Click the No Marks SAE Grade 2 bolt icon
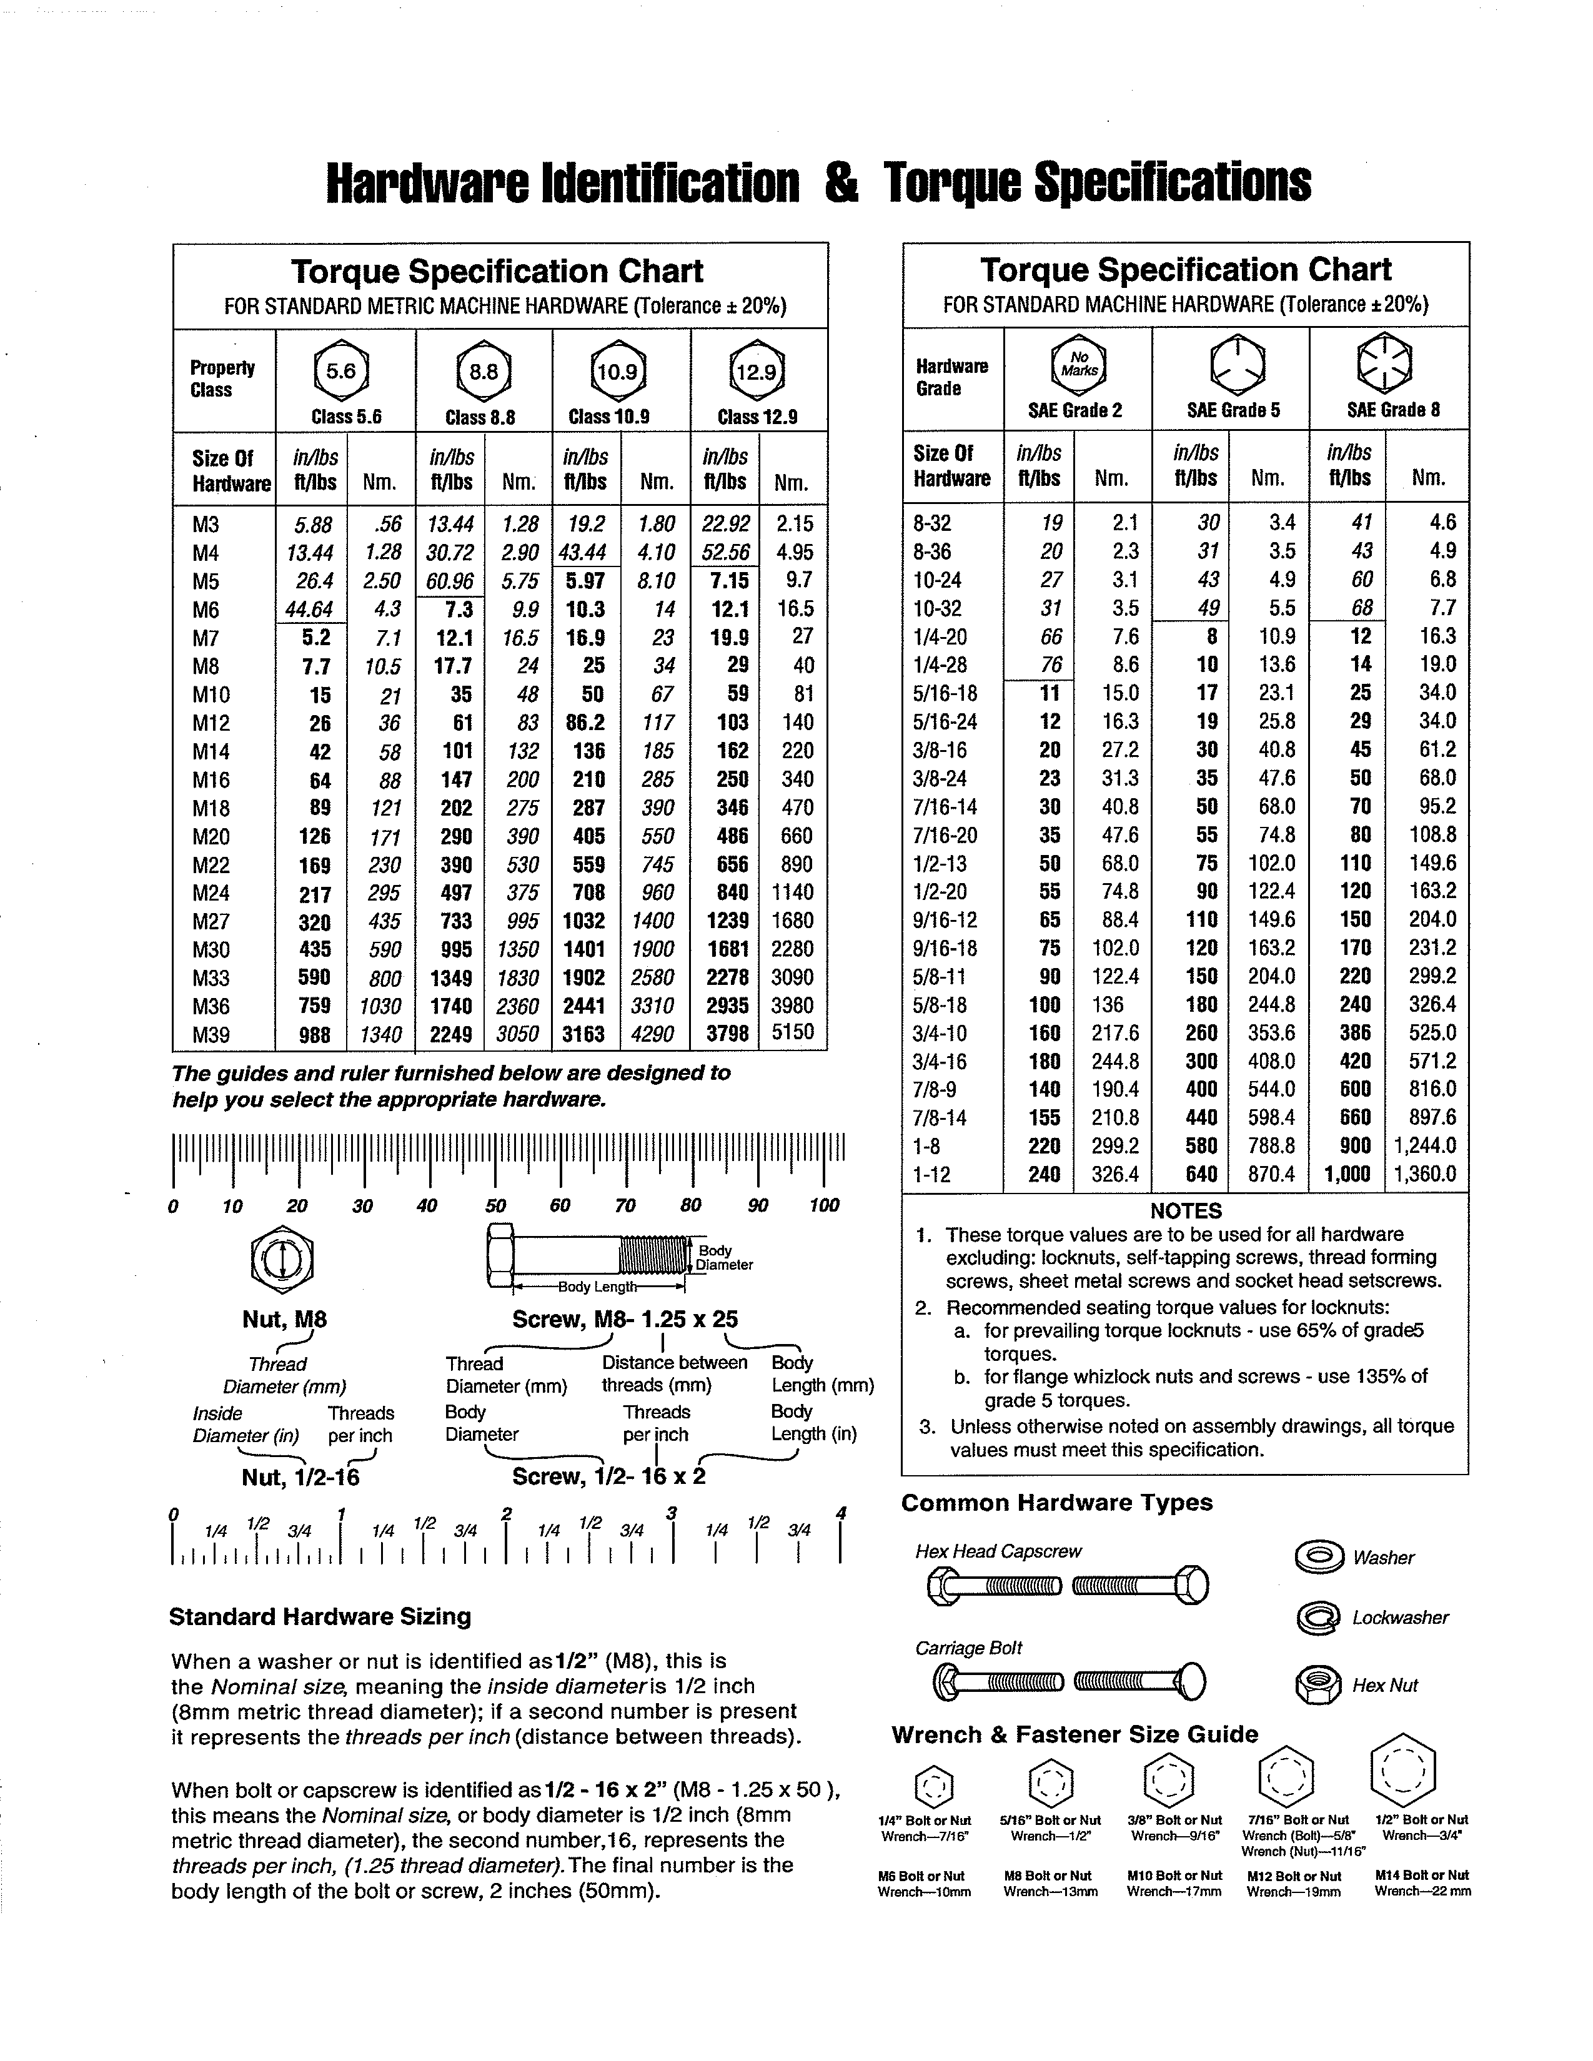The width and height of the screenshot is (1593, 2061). (1078, 363)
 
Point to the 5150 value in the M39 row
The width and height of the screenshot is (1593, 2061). (793, 1032)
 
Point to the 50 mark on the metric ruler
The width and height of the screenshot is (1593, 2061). (495, 1205)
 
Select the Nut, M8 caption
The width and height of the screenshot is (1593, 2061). (284, 1319)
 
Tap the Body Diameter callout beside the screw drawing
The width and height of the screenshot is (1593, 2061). (724, 1257)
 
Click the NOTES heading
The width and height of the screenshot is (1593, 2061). (1185, 1211)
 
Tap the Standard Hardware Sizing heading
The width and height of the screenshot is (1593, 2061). (320, 1616)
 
